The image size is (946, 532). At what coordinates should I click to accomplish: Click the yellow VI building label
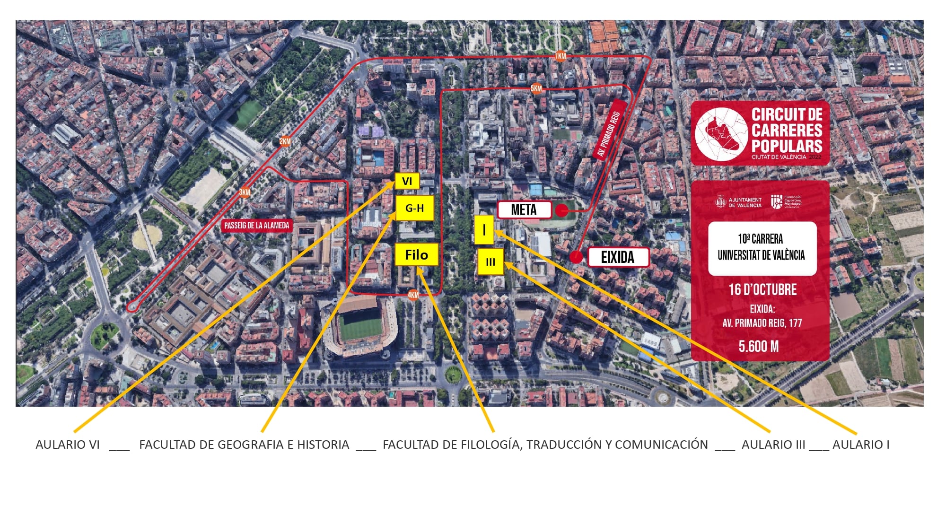(407, 181)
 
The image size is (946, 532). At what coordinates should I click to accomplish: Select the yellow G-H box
(414, 208)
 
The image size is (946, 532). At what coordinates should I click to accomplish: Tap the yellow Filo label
(416, 255)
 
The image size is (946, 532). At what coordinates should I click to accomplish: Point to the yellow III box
(491, 262)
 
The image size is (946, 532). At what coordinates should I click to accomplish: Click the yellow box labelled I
(484, 230)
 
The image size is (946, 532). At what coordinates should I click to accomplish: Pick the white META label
(524, 210)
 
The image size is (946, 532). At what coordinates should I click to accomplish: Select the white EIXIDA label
(618, 257)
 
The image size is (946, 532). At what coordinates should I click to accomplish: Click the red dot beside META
(561, 210)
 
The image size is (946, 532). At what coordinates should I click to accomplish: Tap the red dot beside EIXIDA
(576, 257)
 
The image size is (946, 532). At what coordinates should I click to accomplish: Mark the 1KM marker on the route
(561, 56)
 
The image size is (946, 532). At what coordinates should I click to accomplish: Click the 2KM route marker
(285, 141)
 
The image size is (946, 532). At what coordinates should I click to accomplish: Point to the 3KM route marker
(244, 192)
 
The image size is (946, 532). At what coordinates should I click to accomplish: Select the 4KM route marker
(413, 295)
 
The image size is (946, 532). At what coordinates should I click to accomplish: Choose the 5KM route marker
(536, 88)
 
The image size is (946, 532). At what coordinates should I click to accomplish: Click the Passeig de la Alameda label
(256, 226)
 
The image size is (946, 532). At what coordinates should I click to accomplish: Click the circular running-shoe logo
(721, 134)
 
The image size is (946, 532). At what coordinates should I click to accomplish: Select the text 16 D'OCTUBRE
(762, 289)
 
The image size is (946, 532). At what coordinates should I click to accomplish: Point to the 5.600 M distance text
(759, 347)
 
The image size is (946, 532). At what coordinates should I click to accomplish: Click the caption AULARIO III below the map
(773, 445)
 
